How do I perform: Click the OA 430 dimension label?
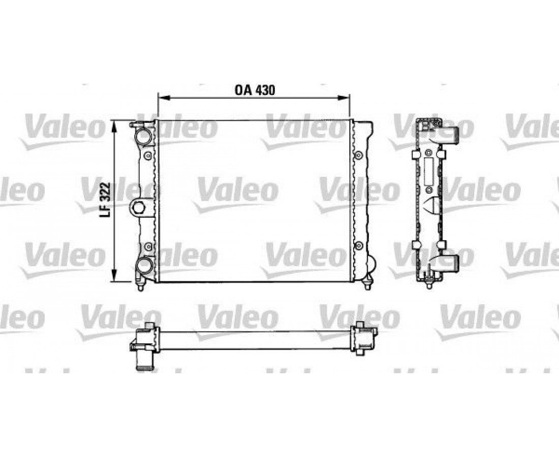point(255,90)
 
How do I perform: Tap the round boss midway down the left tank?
point(138,207)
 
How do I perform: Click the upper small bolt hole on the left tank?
point(148,155)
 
